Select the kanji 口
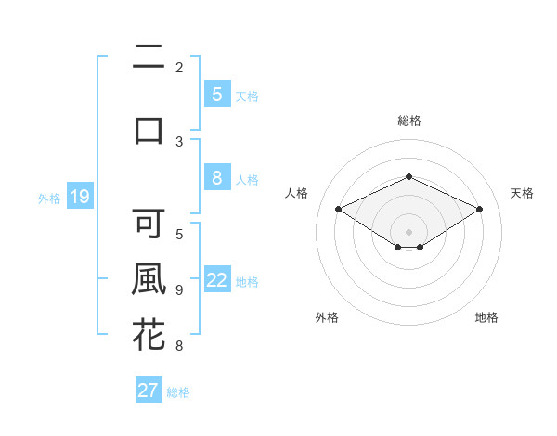(149, 129)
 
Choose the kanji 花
(149, 335)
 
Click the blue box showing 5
(216, 95)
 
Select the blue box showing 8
(216, 179)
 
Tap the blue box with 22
(217, 281)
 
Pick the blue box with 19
(79, 197)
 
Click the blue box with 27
(149, 391)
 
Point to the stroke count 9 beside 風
(179, 290)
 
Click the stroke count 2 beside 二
(179, 67)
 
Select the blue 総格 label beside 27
(178, 392)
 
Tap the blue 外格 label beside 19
(49, 198)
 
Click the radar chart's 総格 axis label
(408, 121)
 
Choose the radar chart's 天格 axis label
(522, 193)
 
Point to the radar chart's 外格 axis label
(327, 317)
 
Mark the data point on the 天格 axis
(479, 210)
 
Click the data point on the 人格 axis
(338, 210)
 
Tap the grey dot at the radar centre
(408, 231)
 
